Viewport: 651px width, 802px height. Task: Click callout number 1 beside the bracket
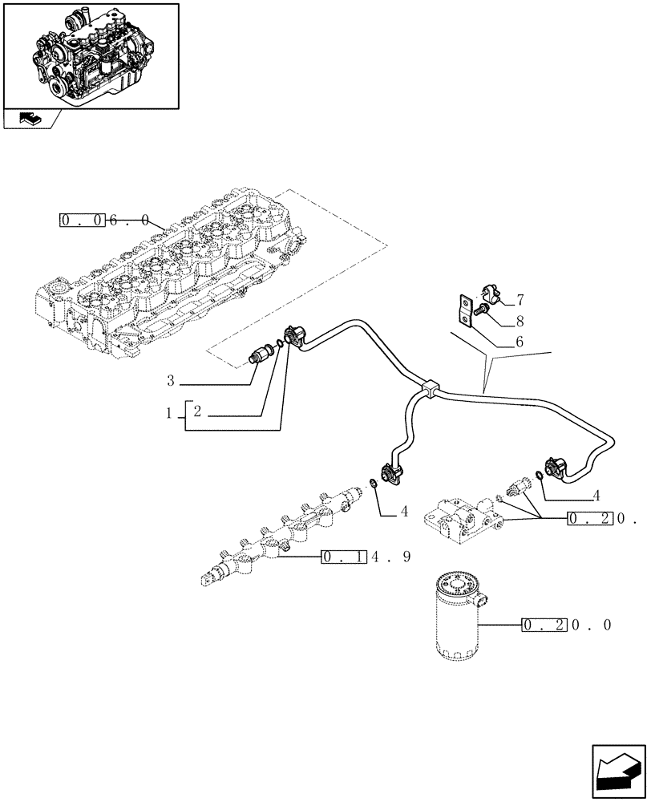tap(170, 413)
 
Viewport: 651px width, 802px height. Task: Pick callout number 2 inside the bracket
tap(197, 413)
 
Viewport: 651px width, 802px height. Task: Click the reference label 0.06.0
tap(104, 220)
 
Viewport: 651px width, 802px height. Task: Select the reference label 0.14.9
tap(366, 557)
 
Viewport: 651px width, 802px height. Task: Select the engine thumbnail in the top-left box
tap(90, 55)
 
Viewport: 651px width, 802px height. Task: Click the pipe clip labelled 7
tap(490, 296)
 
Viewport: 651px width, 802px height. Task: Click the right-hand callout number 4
tap(596, 496)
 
